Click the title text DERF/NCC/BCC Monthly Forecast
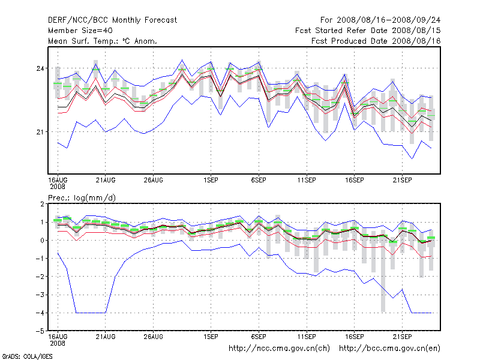112,20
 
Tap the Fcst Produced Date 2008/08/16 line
376,41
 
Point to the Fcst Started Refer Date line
368,31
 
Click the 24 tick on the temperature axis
41,68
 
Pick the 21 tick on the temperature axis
41,131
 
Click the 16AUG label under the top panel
58,179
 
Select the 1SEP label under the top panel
211,179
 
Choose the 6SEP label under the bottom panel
259,336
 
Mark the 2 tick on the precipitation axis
42,204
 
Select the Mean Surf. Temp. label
103,41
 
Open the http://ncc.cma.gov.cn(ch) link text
279,348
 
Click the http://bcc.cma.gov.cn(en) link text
390,348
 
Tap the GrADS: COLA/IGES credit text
27,356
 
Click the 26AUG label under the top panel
154,179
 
